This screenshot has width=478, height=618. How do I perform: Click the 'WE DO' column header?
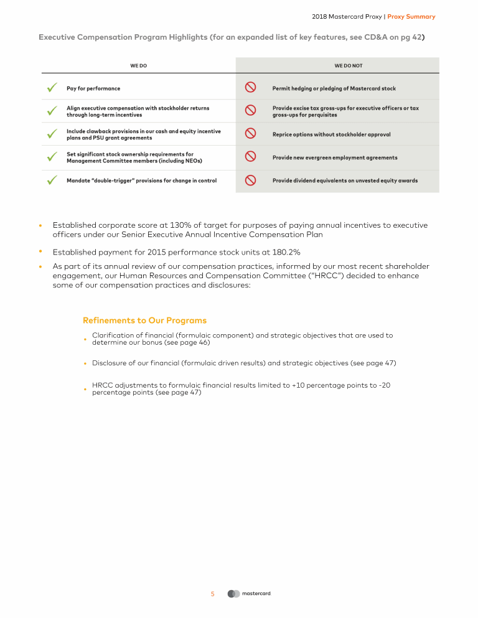coord(138,65)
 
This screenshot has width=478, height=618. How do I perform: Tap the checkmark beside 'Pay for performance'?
coord(52,88)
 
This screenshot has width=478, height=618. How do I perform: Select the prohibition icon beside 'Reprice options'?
coord(250,134)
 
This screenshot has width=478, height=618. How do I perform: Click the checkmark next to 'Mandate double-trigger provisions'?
coord(52,180)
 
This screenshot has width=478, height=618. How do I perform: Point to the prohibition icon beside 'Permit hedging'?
coord(250,88)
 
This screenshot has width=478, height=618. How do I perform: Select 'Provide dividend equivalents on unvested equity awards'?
coord(345,180)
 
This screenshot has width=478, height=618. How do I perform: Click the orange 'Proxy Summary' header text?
coord(411,17)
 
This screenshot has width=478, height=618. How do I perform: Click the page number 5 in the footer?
coord(212,594)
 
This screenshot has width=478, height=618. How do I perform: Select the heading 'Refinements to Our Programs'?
coord(144,321)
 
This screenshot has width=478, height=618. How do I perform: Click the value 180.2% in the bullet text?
coord(287,252)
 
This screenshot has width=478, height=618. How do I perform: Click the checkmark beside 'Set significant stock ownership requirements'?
coord(52,157)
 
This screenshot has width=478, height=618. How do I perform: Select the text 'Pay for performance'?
coord(93,88)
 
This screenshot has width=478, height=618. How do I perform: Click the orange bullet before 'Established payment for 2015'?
coord(40,251)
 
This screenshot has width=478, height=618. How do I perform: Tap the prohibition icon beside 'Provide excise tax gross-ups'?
coord(250,111)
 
